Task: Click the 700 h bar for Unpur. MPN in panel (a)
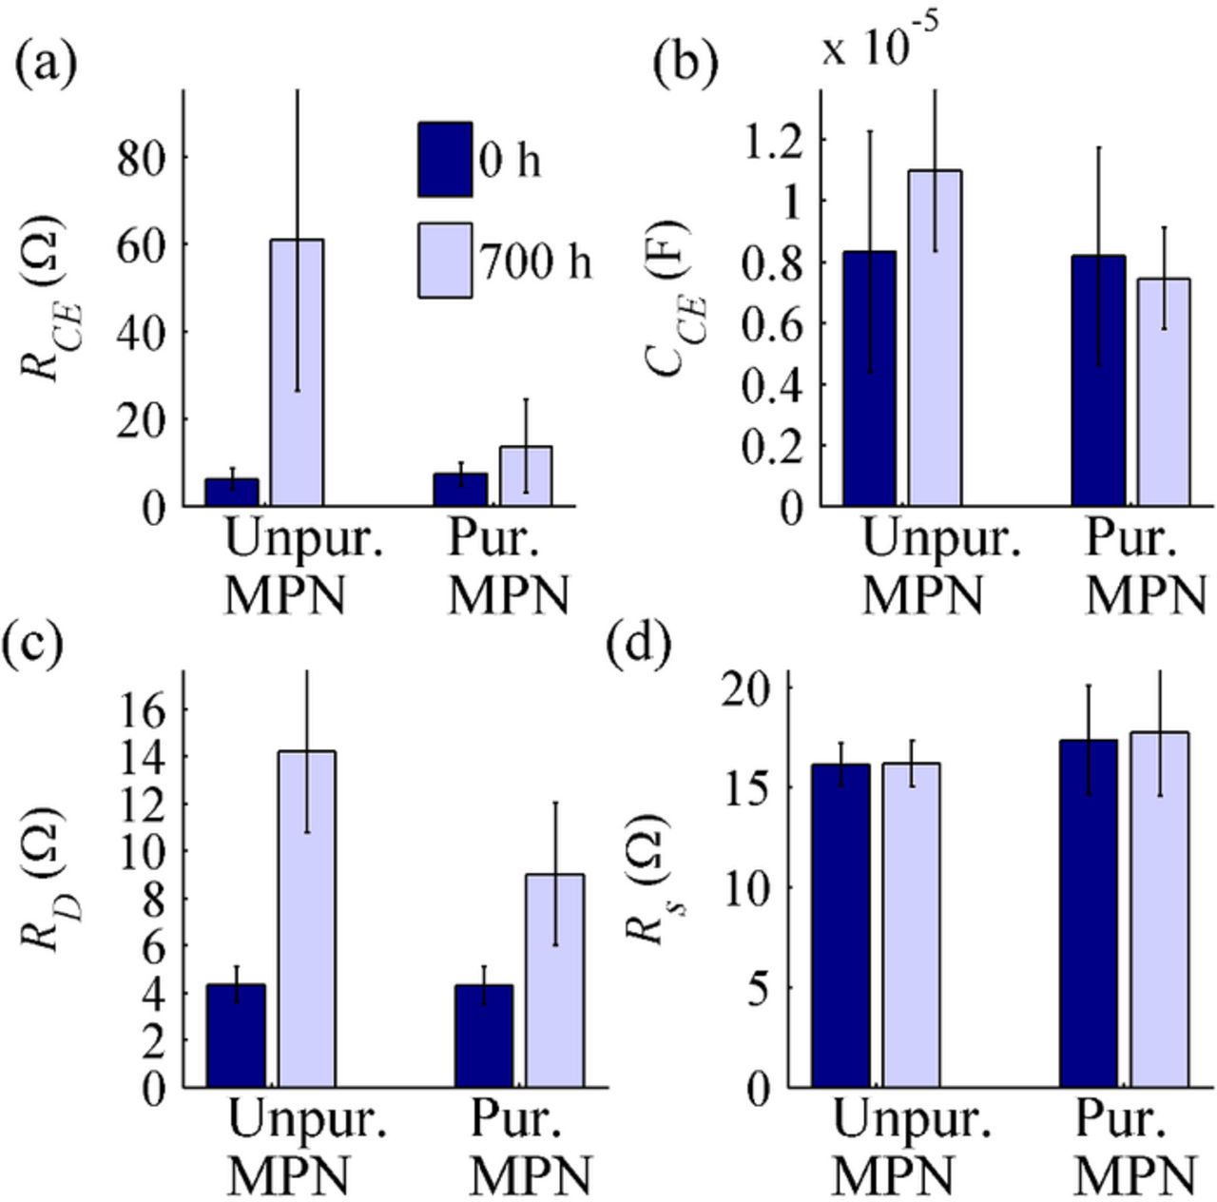(297, 373)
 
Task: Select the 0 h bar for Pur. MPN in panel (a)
(460, 489)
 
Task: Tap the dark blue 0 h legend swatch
(445, 160)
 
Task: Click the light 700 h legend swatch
(445, 261)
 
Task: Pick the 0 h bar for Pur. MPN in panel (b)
(1098, 380)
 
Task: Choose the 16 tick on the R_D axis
(141, 709)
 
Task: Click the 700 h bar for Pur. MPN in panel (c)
(555, 979)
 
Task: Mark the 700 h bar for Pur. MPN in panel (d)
(1159, 908)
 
